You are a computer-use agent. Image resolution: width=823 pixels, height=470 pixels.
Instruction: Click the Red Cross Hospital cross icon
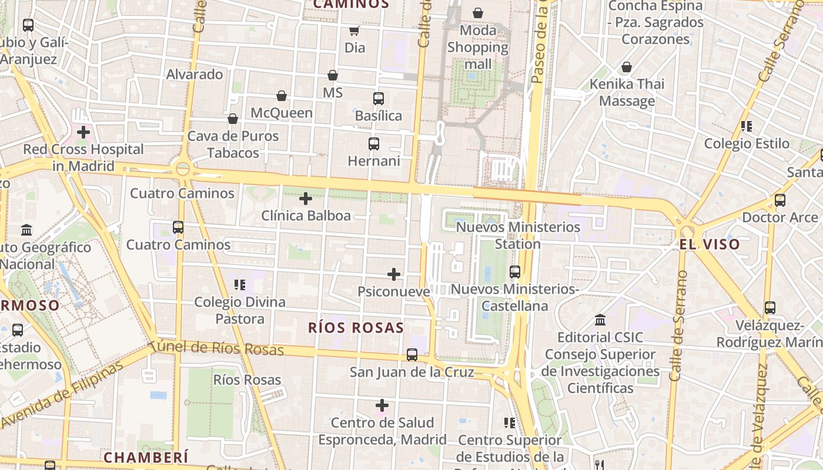pos(83,132)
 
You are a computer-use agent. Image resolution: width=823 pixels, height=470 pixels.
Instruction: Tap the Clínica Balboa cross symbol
pos(306,199)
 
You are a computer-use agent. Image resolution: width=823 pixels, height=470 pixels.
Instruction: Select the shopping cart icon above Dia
pos(354,31)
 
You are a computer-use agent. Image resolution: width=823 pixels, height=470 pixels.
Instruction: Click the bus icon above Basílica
pos(379,99)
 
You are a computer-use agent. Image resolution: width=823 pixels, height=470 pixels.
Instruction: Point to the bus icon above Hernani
pos(373,143)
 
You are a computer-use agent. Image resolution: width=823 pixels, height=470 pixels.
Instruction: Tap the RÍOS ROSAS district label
pos(356,328)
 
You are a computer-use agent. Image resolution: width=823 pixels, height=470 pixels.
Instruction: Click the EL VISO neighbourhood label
pos(710,244)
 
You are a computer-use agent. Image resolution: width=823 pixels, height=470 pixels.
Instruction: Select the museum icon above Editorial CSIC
pos(600,320)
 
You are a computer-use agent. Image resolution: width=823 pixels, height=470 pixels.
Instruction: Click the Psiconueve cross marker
pos(394,274)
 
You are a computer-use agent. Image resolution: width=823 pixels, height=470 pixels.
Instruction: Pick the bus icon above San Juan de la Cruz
pos(412,355)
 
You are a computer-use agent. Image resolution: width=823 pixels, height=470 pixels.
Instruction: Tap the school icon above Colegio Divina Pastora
pos(239,285)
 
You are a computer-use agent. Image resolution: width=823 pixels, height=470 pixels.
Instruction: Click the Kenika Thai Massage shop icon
pos(627,67)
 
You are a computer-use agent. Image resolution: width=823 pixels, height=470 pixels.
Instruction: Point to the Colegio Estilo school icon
pos(747,126)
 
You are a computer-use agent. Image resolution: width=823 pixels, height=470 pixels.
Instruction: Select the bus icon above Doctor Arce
pos(780,200)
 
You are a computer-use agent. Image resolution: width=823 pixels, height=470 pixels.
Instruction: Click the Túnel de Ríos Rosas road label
pos(216,348)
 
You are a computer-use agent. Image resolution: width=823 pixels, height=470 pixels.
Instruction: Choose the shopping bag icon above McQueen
pos(282,96)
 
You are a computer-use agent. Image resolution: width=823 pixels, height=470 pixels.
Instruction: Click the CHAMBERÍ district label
pos(146,457)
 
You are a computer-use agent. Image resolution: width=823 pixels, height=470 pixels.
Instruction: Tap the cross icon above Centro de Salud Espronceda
pos(382,405)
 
